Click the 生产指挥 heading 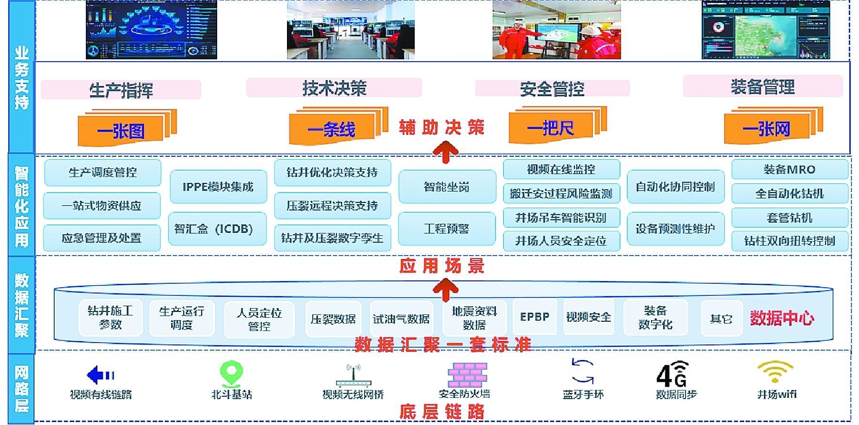121,90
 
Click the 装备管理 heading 763,87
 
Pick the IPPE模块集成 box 218,187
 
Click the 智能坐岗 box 447,187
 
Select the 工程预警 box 446,229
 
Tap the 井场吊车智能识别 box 561,218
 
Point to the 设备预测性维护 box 675,229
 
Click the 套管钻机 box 790,218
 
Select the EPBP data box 535,317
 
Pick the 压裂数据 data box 333,319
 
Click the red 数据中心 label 782,318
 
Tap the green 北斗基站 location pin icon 231,374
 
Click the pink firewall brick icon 467,375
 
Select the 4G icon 672,374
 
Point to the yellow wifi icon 776,373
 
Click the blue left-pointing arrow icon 100,375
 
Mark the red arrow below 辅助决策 446,152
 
